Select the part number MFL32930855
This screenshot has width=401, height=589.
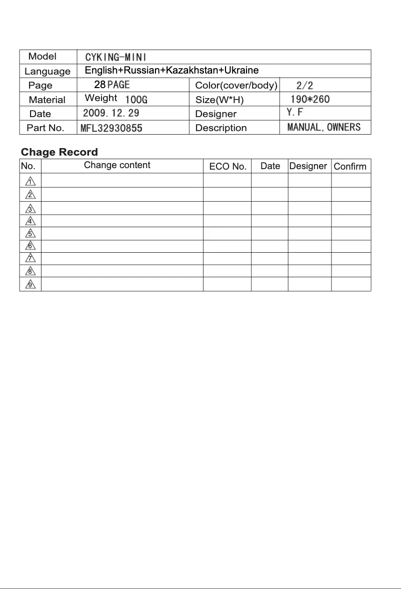111,128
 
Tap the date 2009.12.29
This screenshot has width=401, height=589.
111,113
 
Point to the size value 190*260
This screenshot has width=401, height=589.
310,99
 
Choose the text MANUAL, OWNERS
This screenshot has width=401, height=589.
324,127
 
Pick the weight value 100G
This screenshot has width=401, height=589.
136,100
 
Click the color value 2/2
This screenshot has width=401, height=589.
305,86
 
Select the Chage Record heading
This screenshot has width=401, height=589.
59,152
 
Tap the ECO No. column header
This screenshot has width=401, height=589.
228,167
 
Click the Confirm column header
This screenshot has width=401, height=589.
350,167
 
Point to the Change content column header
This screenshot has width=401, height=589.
117,165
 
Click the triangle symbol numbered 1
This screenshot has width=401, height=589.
30,181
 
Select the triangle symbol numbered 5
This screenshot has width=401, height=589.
30,233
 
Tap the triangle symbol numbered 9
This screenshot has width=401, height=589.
30,285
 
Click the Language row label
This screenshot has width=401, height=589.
47,71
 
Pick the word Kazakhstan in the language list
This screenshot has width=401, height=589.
191,70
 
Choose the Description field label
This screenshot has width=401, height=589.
221,128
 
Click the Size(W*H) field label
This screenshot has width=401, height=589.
219,100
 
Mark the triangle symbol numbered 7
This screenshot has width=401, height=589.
30,259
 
